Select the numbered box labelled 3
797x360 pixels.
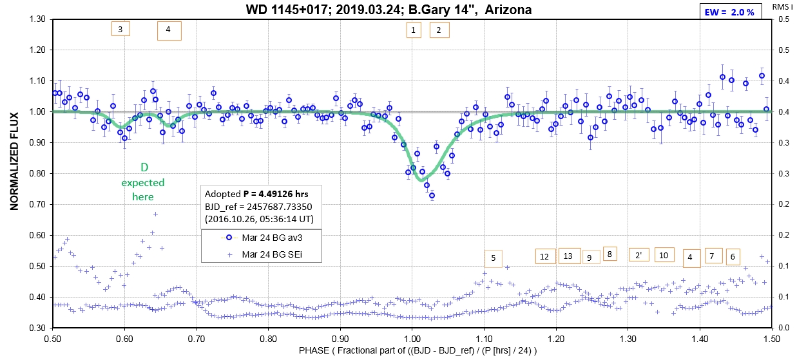[x=120, y=30]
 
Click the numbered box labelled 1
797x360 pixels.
[x=413, y=30]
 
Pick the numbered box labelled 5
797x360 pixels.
[x=493, y=259]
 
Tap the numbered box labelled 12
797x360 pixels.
[x=544, y=256]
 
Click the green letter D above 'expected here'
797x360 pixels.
[x=144, y=168]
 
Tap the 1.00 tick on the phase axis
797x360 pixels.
[x=412, y=337]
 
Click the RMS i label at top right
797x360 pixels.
[x=783, y=8]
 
